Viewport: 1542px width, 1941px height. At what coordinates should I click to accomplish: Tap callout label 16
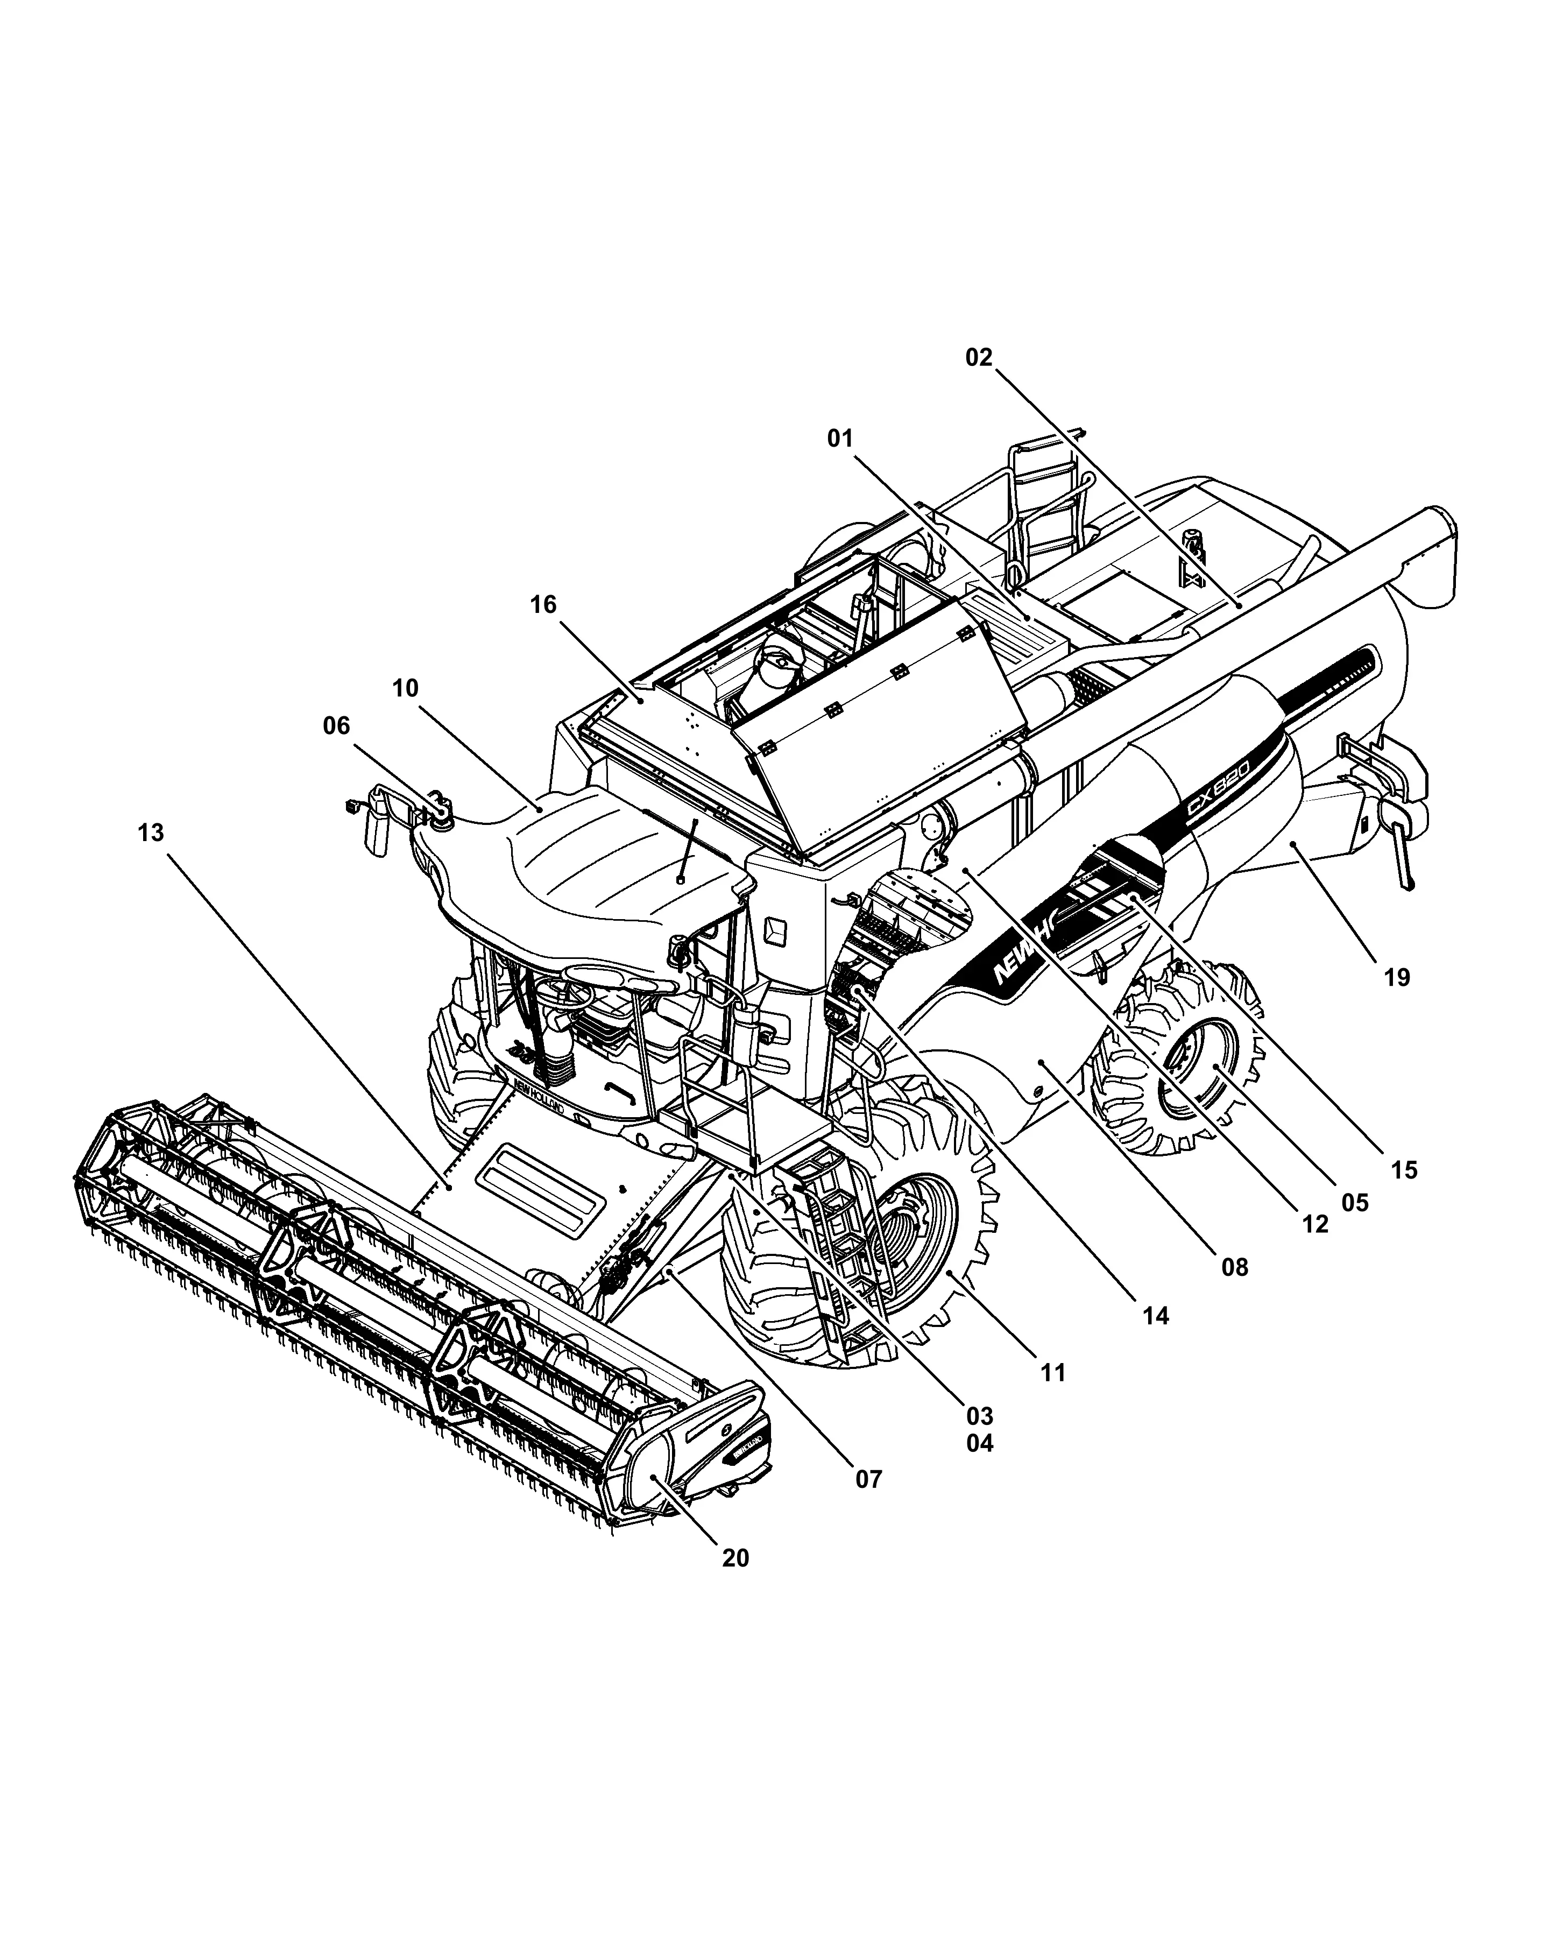(543, 604)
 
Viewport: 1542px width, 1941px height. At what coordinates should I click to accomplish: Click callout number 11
(1052, 1373)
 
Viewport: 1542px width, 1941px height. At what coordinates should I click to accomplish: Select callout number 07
(868, 1479)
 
